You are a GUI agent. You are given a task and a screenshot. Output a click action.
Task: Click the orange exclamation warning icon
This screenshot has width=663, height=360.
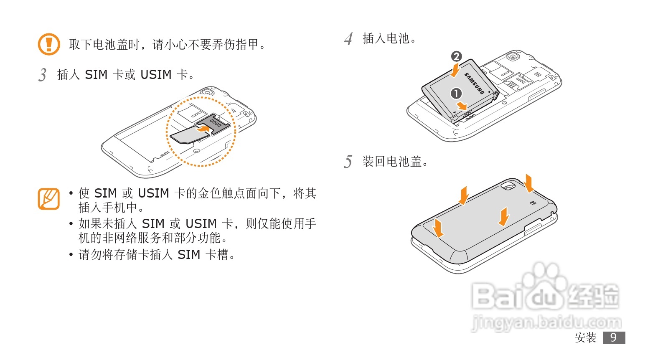(49, 44)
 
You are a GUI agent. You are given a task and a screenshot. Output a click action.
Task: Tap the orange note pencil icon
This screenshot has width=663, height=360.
(49, 199)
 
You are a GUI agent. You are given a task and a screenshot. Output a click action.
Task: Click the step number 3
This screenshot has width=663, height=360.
(43, 75)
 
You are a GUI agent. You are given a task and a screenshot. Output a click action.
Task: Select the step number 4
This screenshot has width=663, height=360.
(348, 39)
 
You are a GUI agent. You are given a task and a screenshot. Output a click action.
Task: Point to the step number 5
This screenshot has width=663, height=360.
(348, 162)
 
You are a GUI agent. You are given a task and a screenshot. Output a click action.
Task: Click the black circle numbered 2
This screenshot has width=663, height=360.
(456, 56)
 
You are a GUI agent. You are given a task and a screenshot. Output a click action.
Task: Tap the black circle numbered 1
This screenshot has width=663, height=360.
(456, 93)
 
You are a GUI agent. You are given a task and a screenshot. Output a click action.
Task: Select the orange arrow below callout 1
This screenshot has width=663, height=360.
(462, 106)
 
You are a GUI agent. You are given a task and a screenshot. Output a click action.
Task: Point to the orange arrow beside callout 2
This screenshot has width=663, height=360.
(455, 70)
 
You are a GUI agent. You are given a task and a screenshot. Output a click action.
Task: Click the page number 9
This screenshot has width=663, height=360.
(614, 337)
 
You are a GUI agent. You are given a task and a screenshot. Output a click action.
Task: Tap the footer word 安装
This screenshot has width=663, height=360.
(586, 337)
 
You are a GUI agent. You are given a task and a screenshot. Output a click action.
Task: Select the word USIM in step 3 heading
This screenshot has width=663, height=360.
(156, 75)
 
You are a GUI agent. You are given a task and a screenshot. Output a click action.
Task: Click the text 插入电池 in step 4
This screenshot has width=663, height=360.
(386, 38)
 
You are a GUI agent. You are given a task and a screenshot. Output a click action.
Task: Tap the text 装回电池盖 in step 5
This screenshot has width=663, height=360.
(392, 162)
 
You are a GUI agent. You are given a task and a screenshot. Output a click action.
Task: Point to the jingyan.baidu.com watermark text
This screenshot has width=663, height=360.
(546, 322)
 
